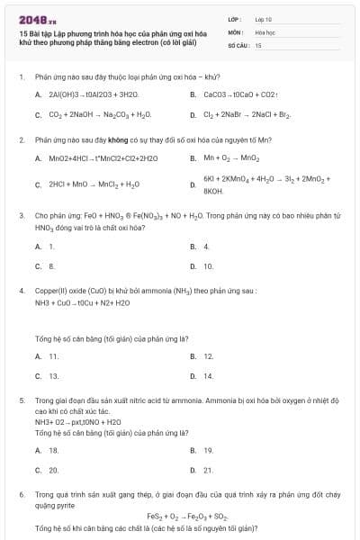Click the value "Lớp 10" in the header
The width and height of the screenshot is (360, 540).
tap(264, 19)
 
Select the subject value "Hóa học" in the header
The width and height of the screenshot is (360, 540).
tap(265, 31)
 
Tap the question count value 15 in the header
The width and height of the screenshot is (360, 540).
tap(258, 44)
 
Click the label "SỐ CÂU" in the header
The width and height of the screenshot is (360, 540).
tap(237, 44)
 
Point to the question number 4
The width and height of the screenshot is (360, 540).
tap(21, 292)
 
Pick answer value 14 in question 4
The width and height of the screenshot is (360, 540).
tap(209, 376)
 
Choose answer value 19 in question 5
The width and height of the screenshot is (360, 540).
tap(209, 450)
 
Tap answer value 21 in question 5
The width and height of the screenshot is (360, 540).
tap(209, 470)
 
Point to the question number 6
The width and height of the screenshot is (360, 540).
tap(21, 495)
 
